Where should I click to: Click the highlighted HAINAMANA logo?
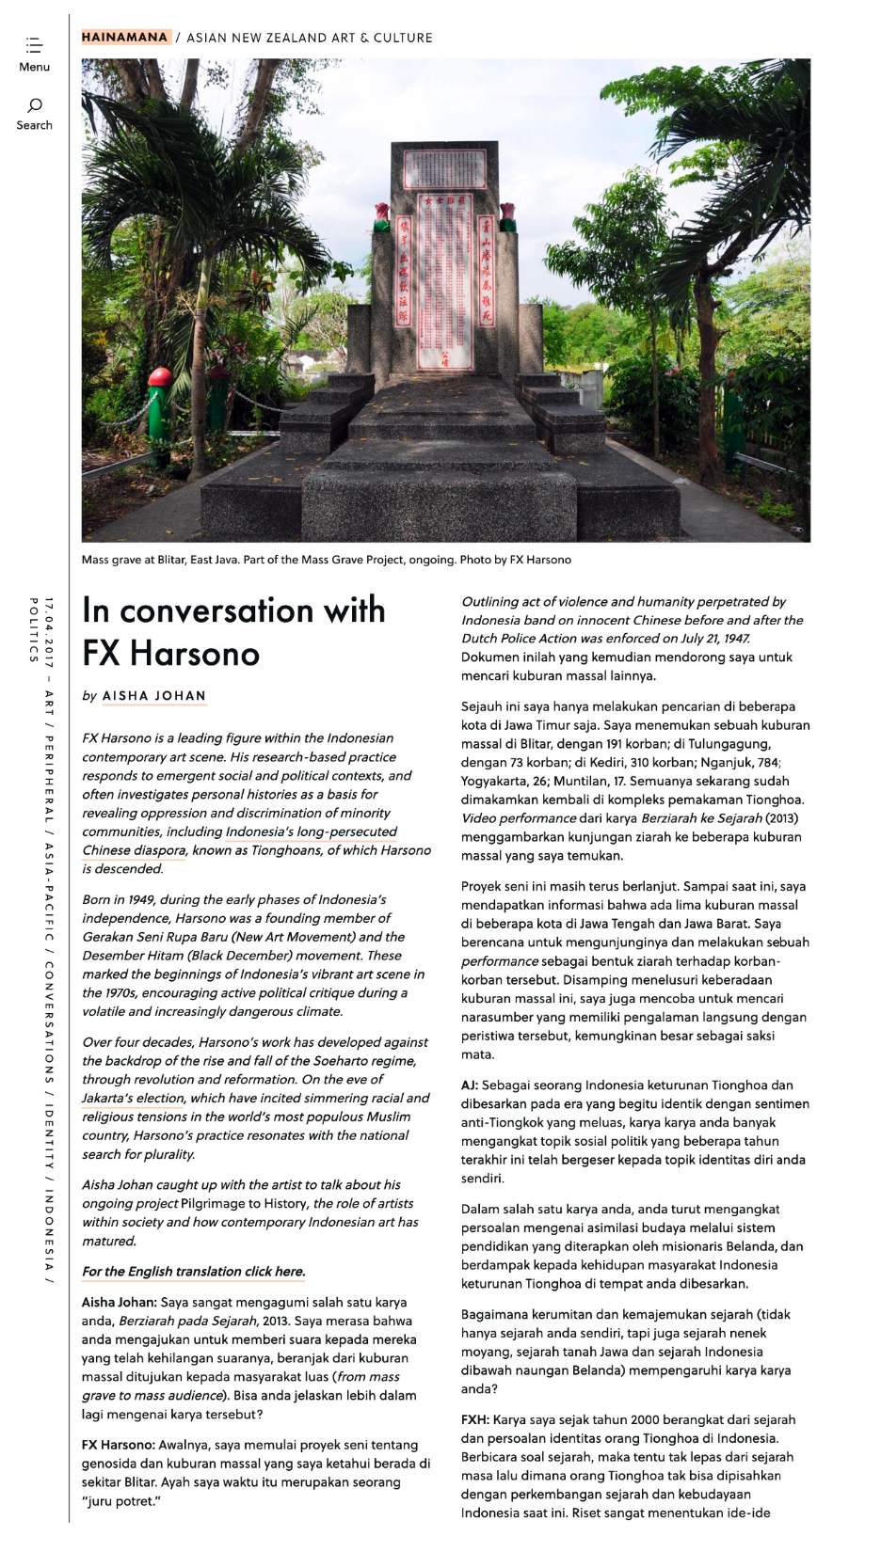[x=124, y=38]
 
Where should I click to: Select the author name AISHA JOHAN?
[x=154, y=696]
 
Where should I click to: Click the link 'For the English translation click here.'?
[x=194, y=1272]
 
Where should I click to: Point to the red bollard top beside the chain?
[x=159, y=378]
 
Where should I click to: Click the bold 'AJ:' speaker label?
[x=470, y=1085]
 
